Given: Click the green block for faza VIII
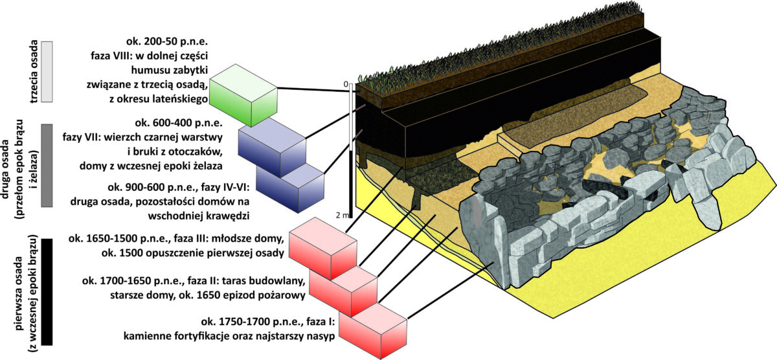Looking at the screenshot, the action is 243,95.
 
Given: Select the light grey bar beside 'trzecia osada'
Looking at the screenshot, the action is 47,72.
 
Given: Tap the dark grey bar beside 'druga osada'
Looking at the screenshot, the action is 47,166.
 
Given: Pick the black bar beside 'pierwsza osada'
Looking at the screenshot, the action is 47,291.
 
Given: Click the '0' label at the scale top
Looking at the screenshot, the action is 346,84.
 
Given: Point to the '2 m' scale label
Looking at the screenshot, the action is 343,216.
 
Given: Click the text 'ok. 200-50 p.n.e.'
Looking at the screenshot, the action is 167,41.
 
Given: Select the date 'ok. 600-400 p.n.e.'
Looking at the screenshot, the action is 179,123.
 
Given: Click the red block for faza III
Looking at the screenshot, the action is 323,249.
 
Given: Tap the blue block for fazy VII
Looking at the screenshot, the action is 273,148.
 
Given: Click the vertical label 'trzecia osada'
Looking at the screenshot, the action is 34,72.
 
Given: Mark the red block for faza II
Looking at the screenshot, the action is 343,291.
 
